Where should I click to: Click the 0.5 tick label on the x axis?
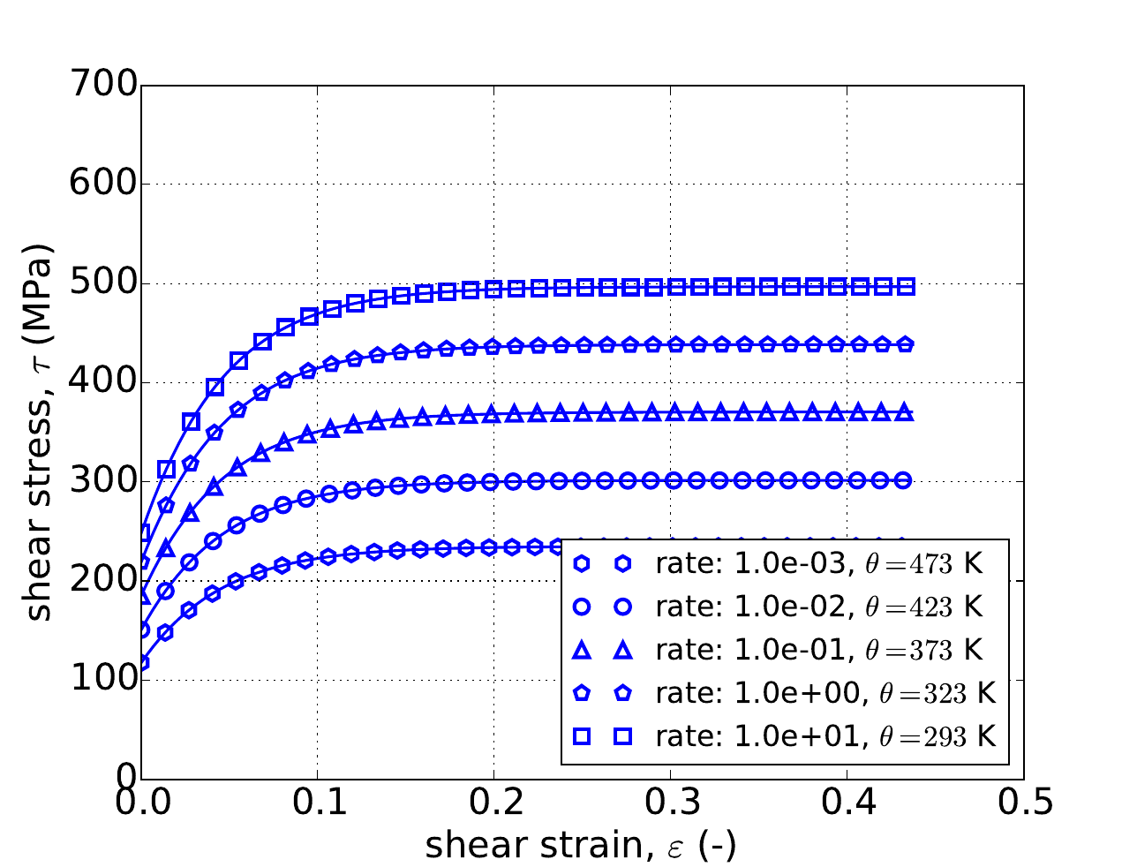(x=1023, y=803)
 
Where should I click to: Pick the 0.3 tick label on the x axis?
(x=670, y=803)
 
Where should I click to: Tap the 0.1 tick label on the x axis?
(x=317, y=803)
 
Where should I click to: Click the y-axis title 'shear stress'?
(x=40, y=432)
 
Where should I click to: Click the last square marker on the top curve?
(x=906, y=286)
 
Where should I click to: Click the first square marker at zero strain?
(x=142, y=533)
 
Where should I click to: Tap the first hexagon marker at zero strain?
(x=142, y=662)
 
